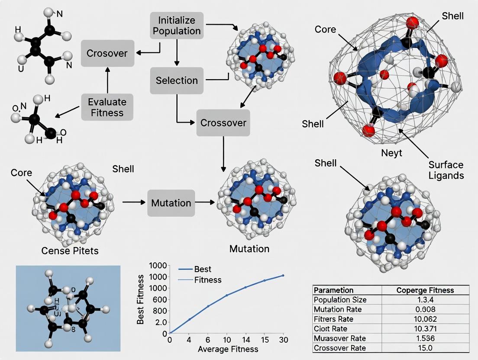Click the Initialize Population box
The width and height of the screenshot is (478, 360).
coord(177,26)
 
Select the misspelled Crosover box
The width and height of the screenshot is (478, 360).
coord(107,53)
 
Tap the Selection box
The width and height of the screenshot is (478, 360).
coord(177,80)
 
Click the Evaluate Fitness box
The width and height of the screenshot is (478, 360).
coord(107,107)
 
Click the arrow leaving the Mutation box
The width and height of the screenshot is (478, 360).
coord(205,202)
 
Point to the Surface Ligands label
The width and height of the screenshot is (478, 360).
coord(446,170)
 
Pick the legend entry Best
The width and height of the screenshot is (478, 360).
coord(203,269)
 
